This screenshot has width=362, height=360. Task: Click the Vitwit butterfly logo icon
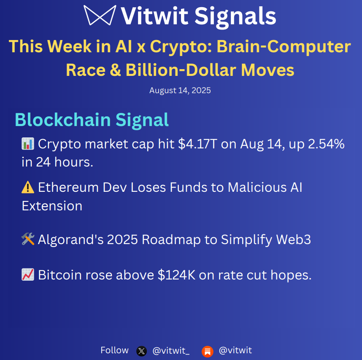[100, 16]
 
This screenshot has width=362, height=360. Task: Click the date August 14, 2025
[180, 91]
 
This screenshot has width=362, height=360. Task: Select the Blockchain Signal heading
[92, 120]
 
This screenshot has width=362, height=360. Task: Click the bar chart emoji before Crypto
[27, 144]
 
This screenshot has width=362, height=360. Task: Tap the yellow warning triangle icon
[27, 187]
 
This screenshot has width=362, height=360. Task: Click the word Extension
[52, 206]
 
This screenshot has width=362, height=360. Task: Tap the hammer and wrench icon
[27, 239]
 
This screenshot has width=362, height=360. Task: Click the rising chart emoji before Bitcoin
[27, 275]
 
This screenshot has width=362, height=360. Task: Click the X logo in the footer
[142, 351]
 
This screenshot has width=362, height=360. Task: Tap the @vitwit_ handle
[171, 351]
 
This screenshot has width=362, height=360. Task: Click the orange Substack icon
[207, 351]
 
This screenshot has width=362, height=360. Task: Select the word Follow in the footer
[114, 350]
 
